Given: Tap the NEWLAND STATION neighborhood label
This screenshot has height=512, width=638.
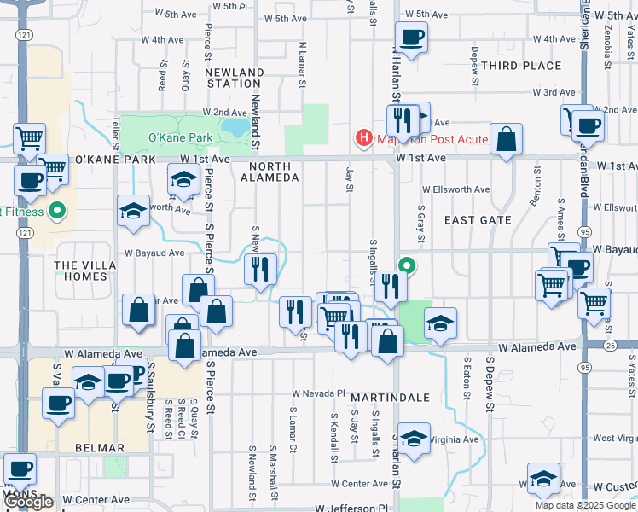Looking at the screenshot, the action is [x=234, y=78].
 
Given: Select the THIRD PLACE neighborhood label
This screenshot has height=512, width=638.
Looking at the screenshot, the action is [x=516, y=66].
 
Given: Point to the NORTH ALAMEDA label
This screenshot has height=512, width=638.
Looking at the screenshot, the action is [x=270, y=172].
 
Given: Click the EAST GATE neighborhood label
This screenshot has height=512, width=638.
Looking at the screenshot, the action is [x=478, y=219].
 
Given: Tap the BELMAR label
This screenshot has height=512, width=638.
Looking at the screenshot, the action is [x=100, y=447].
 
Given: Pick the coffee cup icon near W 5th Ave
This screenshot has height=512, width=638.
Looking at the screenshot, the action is [x=411, y=38].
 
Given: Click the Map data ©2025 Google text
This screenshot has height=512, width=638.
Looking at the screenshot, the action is [x=586, y=505].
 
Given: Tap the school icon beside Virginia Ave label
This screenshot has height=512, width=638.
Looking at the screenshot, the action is [x=414, y=440].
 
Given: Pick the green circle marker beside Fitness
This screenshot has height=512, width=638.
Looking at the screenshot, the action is [x=58, y=210].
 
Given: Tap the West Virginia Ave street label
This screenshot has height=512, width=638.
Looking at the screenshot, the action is [x=615, y=439].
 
